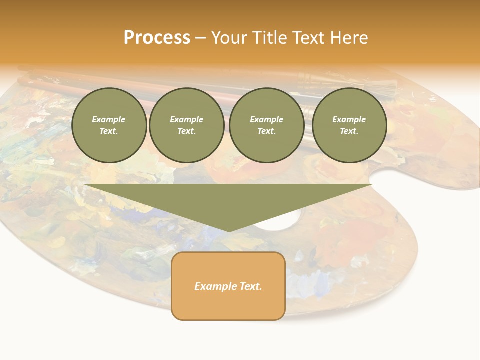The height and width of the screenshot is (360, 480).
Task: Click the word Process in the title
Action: coord(157,38)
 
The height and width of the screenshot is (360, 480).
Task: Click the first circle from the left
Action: coord(109,125)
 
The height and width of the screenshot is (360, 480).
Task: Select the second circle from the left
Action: coord(187,125)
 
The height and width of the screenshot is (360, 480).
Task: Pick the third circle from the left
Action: coord(267,125)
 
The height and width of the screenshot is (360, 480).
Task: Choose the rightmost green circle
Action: coord(349,125)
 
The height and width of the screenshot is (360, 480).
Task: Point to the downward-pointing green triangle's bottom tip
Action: coord(229,230)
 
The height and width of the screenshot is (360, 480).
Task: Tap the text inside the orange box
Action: coord(228,286)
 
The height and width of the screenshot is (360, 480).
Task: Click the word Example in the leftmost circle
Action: coord(109,119)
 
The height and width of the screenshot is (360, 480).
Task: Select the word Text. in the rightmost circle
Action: coord(349,131)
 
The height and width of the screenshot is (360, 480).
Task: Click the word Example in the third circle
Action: coord(267,119)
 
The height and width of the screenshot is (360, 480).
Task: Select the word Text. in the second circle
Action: coord(187,131)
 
